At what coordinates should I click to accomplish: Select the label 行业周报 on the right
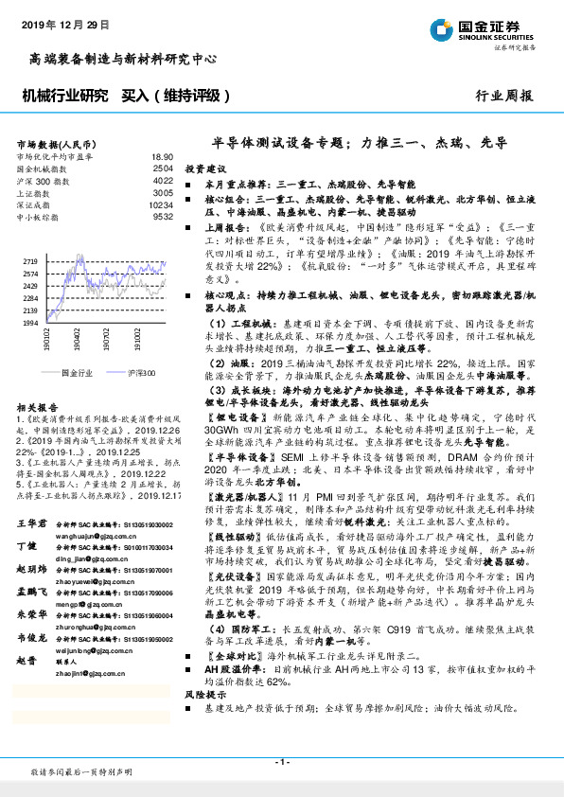point(502,97)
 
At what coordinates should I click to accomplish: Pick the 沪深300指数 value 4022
point(163,180)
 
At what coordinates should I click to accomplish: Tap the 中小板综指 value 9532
point(163,217)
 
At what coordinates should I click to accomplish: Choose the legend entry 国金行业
point(76,374)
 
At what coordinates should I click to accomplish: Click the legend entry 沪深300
point(141,374)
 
